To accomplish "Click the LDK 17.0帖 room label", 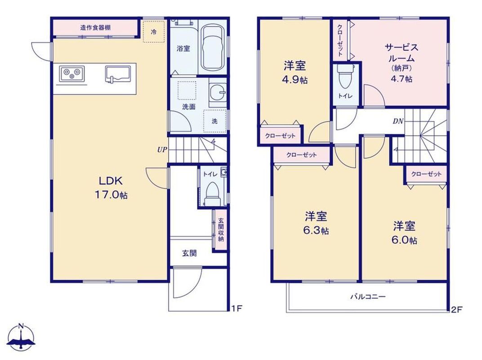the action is click(x=113, y=187).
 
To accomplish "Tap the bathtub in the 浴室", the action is click(x=213, y=47).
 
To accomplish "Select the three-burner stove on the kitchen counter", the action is click(x=72, y=74).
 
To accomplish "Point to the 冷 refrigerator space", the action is click(x=154, y=31).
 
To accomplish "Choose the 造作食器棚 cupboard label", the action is click(x=95, y=28).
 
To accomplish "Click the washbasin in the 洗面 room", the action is click(x=218, y=92).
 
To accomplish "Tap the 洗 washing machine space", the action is click(x=214, y=121).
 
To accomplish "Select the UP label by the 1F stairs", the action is click(x=162, y=150).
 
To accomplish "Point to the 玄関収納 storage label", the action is click(x=221, y=230).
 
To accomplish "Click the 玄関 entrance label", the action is click(x=189, y=253).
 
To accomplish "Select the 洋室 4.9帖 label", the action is click(x=295, y=72).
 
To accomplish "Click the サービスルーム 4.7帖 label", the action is click(x=402, y=63).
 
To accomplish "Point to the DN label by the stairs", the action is click(x=398, y=121).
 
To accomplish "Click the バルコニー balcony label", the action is click(x=368, y=297).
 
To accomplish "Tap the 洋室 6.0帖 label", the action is click(x=404, y=233).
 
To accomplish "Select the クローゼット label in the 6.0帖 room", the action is click(x=426, y=174).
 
